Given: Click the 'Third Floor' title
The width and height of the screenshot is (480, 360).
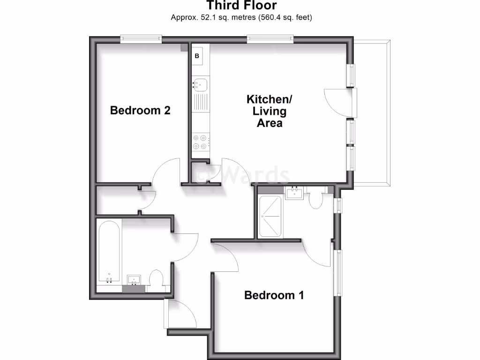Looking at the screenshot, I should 242,6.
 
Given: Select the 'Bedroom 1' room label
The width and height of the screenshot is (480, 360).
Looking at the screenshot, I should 274,295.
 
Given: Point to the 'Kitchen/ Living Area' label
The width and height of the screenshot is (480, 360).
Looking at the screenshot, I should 270,112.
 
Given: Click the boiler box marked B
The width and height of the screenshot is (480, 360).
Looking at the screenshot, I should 197,56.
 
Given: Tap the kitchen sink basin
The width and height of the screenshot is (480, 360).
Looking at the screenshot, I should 201,85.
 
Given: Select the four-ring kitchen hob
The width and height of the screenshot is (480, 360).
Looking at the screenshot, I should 200,142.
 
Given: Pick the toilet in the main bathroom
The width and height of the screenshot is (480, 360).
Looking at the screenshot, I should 156,279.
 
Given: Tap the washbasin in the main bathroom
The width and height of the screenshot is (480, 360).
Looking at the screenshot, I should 135,280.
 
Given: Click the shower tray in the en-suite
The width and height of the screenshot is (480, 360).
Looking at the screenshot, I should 270,217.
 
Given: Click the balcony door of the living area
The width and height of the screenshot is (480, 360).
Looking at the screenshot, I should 340,101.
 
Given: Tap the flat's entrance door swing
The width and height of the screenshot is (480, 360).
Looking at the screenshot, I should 180,314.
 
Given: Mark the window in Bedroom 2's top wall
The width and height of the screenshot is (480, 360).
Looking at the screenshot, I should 141,39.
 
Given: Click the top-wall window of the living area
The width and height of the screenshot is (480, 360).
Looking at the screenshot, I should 270,39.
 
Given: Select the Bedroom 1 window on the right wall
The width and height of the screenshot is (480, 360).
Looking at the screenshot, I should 337,272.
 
